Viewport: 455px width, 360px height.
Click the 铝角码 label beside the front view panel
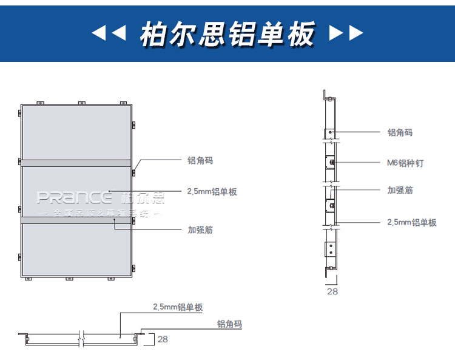[200, 161]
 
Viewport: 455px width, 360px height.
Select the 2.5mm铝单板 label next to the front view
[212, 192]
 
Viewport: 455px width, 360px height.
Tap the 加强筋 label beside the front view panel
[200, 230]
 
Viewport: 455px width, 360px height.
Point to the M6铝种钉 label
[405, 163]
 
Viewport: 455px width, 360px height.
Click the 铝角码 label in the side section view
[400, 132]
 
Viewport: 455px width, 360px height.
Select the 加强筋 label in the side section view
[400, 190]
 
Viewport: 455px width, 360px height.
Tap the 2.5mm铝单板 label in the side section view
[411, 223]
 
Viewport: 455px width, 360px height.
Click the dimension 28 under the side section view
[332, 291]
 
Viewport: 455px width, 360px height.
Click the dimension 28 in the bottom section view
[163, 339]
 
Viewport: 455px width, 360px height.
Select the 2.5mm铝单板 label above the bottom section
[178, 308]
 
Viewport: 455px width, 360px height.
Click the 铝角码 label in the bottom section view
[229, 325]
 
